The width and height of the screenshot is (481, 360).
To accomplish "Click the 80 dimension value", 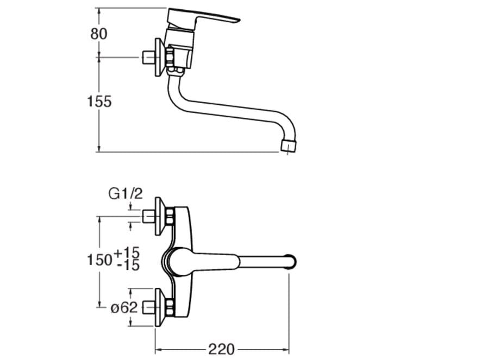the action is (x=99, y=34).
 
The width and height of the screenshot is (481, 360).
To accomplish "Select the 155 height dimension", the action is (x=99, y=102).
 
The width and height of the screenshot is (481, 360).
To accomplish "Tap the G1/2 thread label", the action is (x=126, y=194).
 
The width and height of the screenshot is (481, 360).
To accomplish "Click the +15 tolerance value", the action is (x=127, y=252).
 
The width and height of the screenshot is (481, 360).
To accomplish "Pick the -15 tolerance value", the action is (x=128, y=265).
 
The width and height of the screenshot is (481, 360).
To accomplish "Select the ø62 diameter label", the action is (x=124, y=307).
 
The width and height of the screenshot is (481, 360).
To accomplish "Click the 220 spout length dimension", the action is (x=222, y=349).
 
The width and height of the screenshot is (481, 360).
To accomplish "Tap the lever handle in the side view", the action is (x=203, y=19).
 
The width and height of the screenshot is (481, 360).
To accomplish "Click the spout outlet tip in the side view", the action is (x=289, y=147).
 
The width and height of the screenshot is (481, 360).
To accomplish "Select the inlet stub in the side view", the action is (x=149, y=58).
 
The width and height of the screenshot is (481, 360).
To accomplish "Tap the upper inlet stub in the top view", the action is (x=149, y=216).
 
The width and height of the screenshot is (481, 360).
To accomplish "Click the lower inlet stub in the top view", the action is (x=149, y=307).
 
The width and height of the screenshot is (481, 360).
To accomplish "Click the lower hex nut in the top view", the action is (x=170, y=307).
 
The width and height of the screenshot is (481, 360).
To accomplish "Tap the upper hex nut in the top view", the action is (x=170, y=216).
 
